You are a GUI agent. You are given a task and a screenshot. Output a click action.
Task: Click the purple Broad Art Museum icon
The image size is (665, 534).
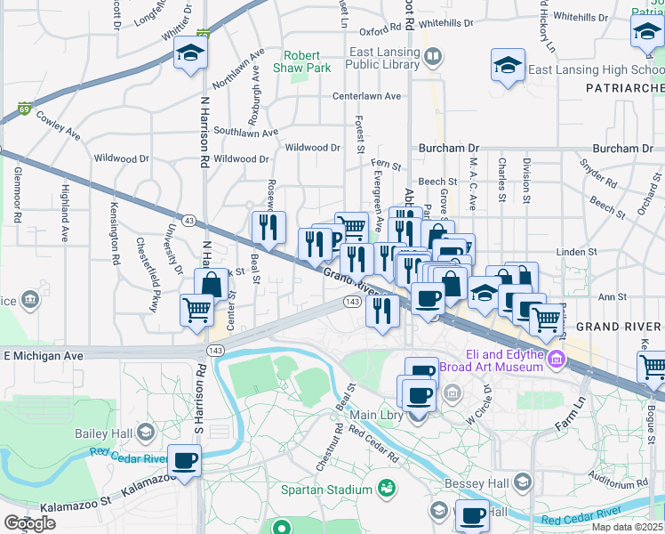pos(557,360)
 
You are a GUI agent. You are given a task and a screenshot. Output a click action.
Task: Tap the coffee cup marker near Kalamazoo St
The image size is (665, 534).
pos(184,462)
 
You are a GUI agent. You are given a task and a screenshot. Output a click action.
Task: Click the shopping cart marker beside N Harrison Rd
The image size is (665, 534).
pos(196,311)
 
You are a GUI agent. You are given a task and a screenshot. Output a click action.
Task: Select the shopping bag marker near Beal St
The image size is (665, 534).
pos(212,286)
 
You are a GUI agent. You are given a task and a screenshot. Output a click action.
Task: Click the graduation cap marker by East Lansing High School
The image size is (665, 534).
pos(508,66)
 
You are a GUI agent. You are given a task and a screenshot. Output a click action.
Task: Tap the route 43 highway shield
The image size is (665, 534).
pos(189,220)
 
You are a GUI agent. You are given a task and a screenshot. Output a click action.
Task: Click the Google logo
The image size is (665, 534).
pos(29,523)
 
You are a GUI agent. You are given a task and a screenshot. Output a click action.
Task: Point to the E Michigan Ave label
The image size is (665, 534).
pos(55,356)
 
